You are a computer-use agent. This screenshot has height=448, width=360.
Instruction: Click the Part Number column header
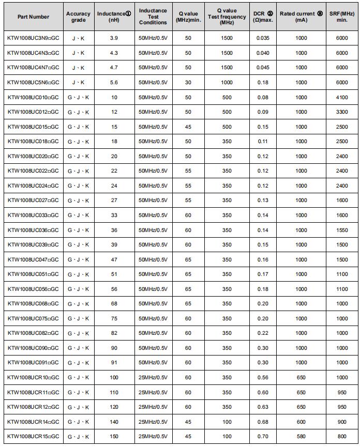[x=33, y=17]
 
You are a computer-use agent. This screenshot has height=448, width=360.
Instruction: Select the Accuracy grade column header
[x=78, y=17]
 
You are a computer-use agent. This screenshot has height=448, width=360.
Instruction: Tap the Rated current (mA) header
[x=301, y=17]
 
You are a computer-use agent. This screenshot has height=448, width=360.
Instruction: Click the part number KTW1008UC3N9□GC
[x=33, y=38]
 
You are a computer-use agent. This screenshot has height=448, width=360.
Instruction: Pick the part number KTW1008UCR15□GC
[x=33, y=437]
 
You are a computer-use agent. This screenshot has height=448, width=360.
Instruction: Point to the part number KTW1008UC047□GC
[x=33, y=259]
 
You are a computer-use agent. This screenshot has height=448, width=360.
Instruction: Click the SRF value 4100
[x=342, y=97]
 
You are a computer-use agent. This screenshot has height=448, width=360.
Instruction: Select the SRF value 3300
[x=342, y=112]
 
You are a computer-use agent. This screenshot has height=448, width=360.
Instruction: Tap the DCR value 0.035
[x=263, y=38]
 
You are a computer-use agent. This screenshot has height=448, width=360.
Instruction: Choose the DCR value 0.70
[x=263, y=437]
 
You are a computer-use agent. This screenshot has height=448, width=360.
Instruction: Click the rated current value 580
[x=301, y=437]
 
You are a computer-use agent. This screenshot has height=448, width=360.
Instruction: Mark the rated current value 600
[x=301, y=422]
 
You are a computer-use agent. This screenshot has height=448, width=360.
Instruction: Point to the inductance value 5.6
[x=114, y=83]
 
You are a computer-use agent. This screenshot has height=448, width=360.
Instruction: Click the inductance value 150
[x=114, y=437]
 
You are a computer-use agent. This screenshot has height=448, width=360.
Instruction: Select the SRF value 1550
[x=342, y=230]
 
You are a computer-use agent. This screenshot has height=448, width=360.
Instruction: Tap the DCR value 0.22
[x=263, y=333]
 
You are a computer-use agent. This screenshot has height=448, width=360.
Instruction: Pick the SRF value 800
[x=342, y=437]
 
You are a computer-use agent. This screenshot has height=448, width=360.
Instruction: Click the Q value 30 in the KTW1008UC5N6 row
[x=188, y=83]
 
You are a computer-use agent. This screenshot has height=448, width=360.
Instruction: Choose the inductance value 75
[x=114, y=318]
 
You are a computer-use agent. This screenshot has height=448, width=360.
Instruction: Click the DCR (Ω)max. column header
[x=263, y=17]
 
